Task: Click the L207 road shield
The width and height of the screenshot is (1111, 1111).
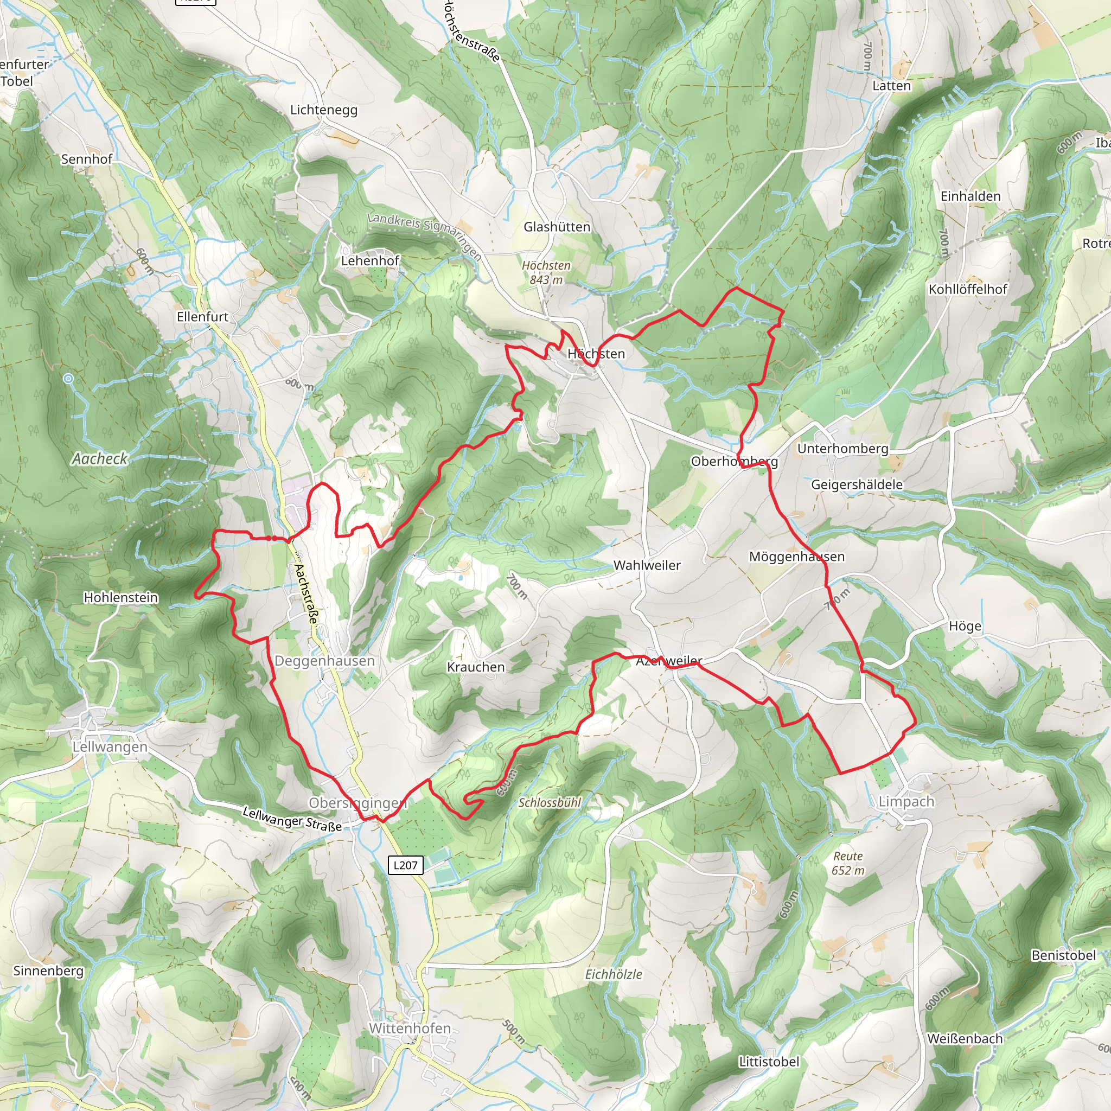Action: coord(405,865)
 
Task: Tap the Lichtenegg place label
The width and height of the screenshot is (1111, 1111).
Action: coord(324,110)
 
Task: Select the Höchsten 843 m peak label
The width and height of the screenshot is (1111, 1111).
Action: coord(546,272)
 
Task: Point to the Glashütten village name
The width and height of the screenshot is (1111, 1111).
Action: coord(557,227)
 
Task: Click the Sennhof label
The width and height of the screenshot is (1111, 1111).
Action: coord(87,159)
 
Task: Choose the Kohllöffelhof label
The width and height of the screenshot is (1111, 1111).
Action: coord(968,289)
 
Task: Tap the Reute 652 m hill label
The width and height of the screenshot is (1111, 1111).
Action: coord(848,863)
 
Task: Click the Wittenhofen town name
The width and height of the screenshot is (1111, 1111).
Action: coord(410,1028)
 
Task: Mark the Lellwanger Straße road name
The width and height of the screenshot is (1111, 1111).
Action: coord(292,819)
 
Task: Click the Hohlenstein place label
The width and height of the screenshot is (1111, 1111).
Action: coord(121,597)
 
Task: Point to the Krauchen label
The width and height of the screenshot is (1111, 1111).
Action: coord(476,667)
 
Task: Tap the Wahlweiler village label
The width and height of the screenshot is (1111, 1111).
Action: coord(647,565)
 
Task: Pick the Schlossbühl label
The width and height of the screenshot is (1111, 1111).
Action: coord(550,803)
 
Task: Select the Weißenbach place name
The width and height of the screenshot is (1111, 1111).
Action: coord(965,1039)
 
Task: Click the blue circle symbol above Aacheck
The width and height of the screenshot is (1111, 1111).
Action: coord(68,379)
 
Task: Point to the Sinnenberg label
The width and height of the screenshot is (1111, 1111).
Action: coord(48,970)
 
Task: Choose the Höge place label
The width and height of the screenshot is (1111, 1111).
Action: coord(965,626)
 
